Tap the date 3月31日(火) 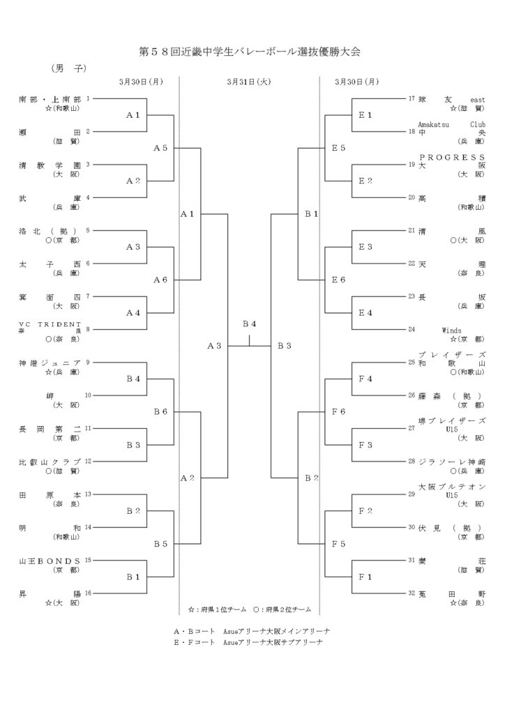[248, 82]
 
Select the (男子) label [68, 68]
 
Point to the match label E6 [339, 280]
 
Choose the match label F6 [339, 411]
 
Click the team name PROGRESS [451, 157]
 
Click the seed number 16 [88, 593]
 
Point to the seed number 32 [412, 593]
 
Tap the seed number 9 [88, 363]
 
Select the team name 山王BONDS [50, 560]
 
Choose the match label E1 [365, 115]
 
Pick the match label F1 [365, 576]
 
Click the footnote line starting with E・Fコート [248, 641]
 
